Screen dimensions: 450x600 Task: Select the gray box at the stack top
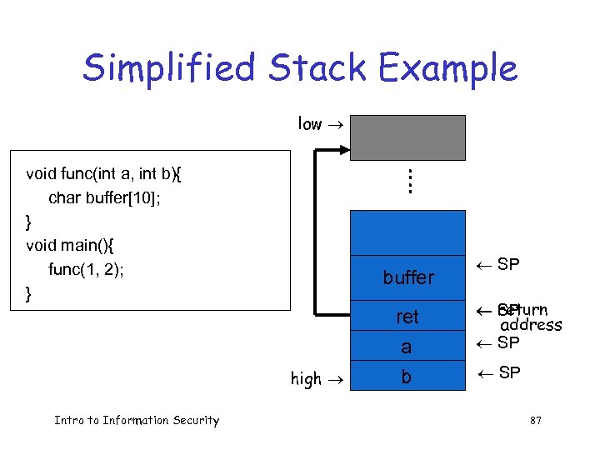point(407,137)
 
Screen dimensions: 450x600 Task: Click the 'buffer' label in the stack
point(408,277)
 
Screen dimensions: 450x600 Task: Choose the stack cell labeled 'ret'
point(407,317)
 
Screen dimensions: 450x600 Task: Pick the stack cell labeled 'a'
point(407,347)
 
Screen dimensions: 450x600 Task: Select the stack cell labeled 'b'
point(407,377)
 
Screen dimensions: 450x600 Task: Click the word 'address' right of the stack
point(531,325)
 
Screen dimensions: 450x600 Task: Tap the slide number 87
point(535,421)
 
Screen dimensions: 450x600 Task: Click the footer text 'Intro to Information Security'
point(137,421)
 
